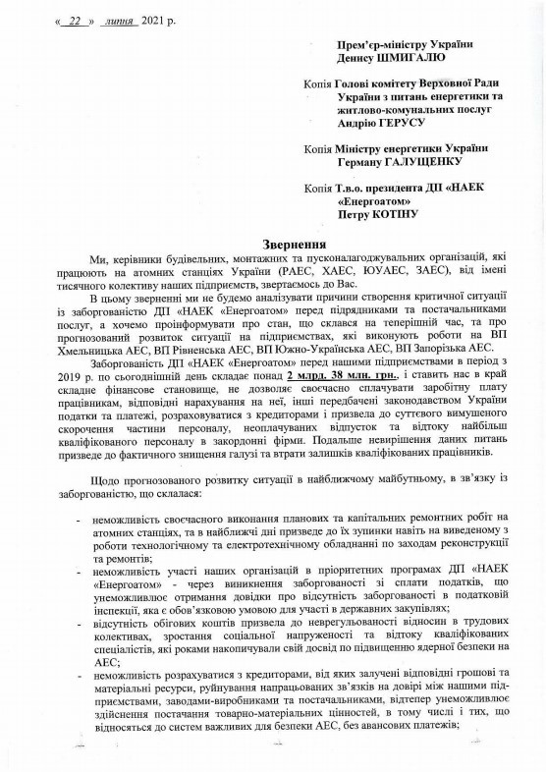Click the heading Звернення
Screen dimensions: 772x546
point(272,243)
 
